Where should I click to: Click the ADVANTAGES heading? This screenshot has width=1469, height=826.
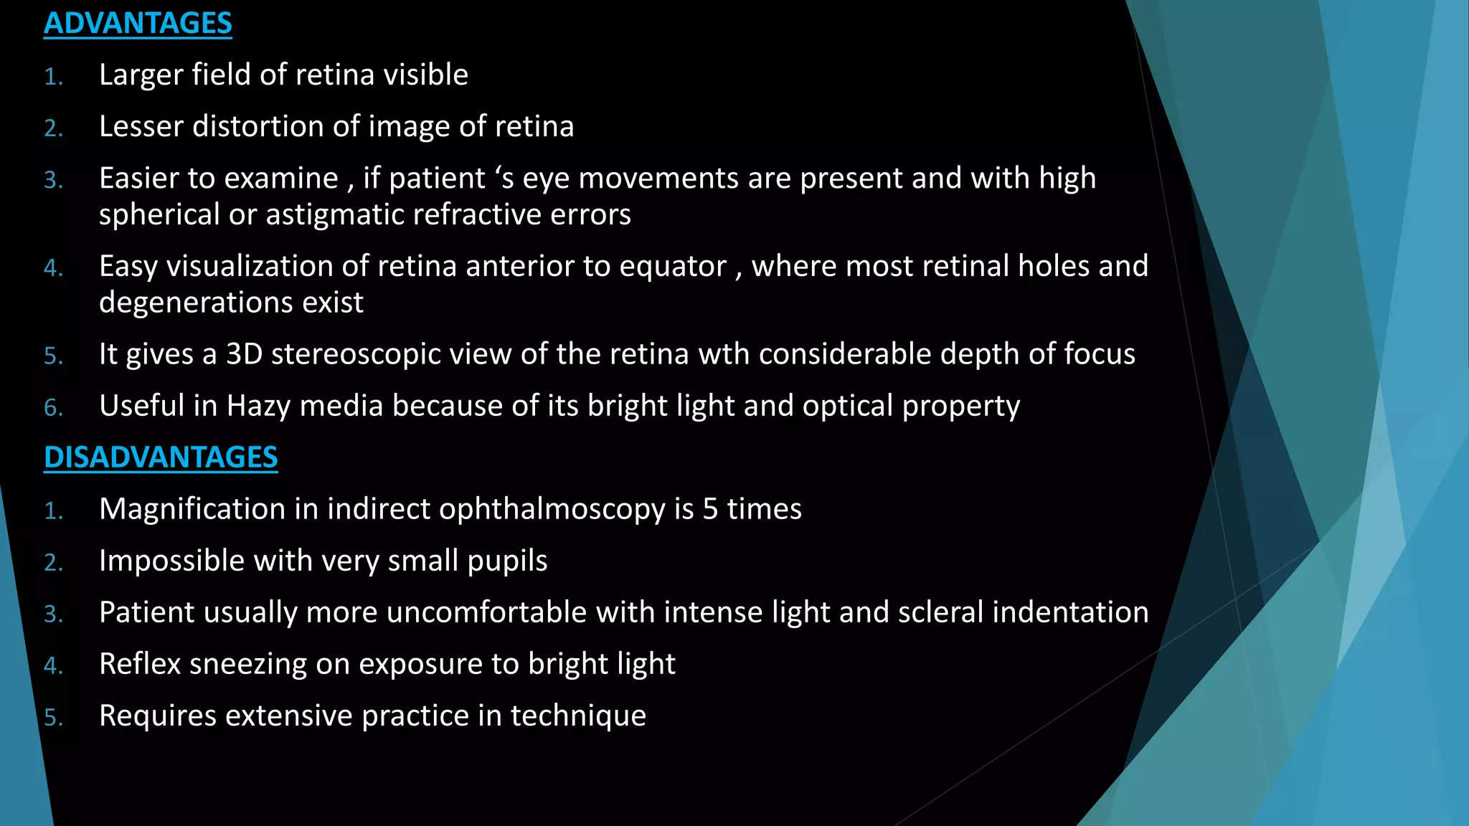pyautogui.click(x=138, y=24)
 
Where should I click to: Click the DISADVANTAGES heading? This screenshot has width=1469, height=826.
pyautogui.click(x=161, y=457)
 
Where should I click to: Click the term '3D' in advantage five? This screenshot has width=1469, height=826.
pyautogui.click(x=244, y=354)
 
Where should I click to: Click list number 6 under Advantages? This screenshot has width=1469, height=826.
pyautogui.click(x=53, y=408)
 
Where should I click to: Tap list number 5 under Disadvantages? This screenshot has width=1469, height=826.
pyautogui.click(x=53, y=718)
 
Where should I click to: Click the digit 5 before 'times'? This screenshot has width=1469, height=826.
pyautogui.click(x=710, y=509)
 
